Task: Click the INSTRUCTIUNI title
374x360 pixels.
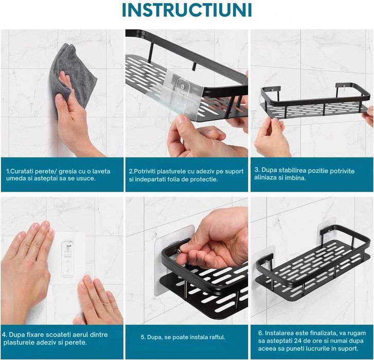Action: tap(187, 10)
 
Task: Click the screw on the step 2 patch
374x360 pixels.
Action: tap(184, 85)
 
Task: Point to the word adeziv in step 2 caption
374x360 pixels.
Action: tap(206, 172)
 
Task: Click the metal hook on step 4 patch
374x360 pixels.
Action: tap(68, 246)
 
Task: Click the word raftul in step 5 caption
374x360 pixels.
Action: tap(217, 337)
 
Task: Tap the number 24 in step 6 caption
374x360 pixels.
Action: tap(298, 341)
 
